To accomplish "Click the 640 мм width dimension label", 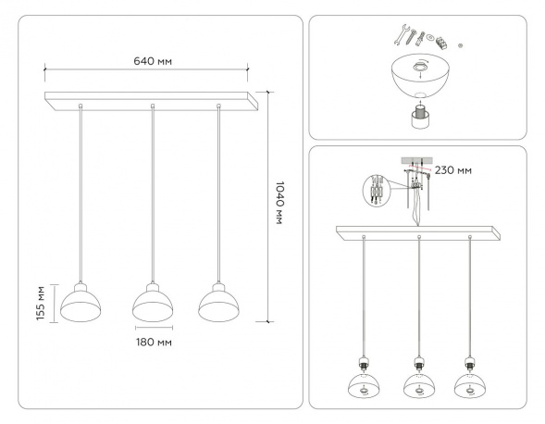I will [x=154, y=61].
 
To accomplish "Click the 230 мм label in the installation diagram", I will [x=454, y=171].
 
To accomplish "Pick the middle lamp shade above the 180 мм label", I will [x=154, y=302].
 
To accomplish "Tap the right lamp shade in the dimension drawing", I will [x=219, y=302].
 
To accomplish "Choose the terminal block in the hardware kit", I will [x=443, y=43].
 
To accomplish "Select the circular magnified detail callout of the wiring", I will [x=376, y=190].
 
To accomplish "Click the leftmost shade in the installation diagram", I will [x=364, y=386].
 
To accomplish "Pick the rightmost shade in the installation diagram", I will [x=473, y=386].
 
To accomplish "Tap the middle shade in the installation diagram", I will [x=418, y=386].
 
